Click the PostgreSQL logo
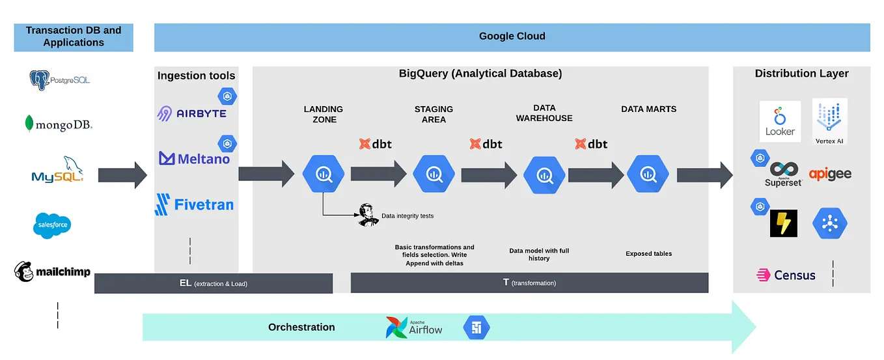59,80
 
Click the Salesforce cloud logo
51,225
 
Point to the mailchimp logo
52,271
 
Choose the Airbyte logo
191,113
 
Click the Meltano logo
194,158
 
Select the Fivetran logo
194,204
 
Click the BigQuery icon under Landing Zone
323,174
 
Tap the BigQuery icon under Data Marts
647,174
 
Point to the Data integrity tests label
407,216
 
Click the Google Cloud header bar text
512,36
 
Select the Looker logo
780,121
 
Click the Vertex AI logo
829,121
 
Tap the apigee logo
830,174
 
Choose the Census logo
786,275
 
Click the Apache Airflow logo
414,327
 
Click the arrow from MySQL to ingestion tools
122,174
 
